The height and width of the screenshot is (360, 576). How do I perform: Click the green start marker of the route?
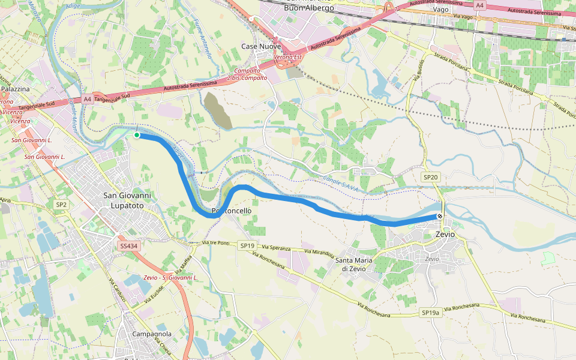[x=137, y=135]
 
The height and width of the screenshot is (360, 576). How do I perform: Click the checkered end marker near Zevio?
[x=440, y=217]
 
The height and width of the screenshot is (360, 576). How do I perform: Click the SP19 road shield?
[x=248, y=245]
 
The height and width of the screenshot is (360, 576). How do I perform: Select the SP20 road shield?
[x=431, y=177]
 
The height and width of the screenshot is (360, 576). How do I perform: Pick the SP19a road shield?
[x=430, y=313]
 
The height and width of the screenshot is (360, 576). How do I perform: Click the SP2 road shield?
[x=61, y=205]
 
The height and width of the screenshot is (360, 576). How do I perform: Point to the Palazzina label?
[x=15, y=89]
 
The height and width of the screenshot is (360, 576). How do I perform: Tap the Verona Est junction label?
[x=287, y=57]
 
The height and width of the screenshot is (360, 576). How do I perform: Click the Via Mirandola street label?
[x=319, y=253]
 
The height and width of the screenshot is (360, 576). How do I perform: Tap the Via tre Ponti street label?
[x=216, y=243]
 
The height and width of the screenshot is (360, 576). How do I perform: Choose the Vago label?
[x=441, y=10]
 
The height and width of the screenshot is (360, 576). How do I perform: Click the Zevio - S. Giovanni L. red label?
[x=171, y=277]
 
